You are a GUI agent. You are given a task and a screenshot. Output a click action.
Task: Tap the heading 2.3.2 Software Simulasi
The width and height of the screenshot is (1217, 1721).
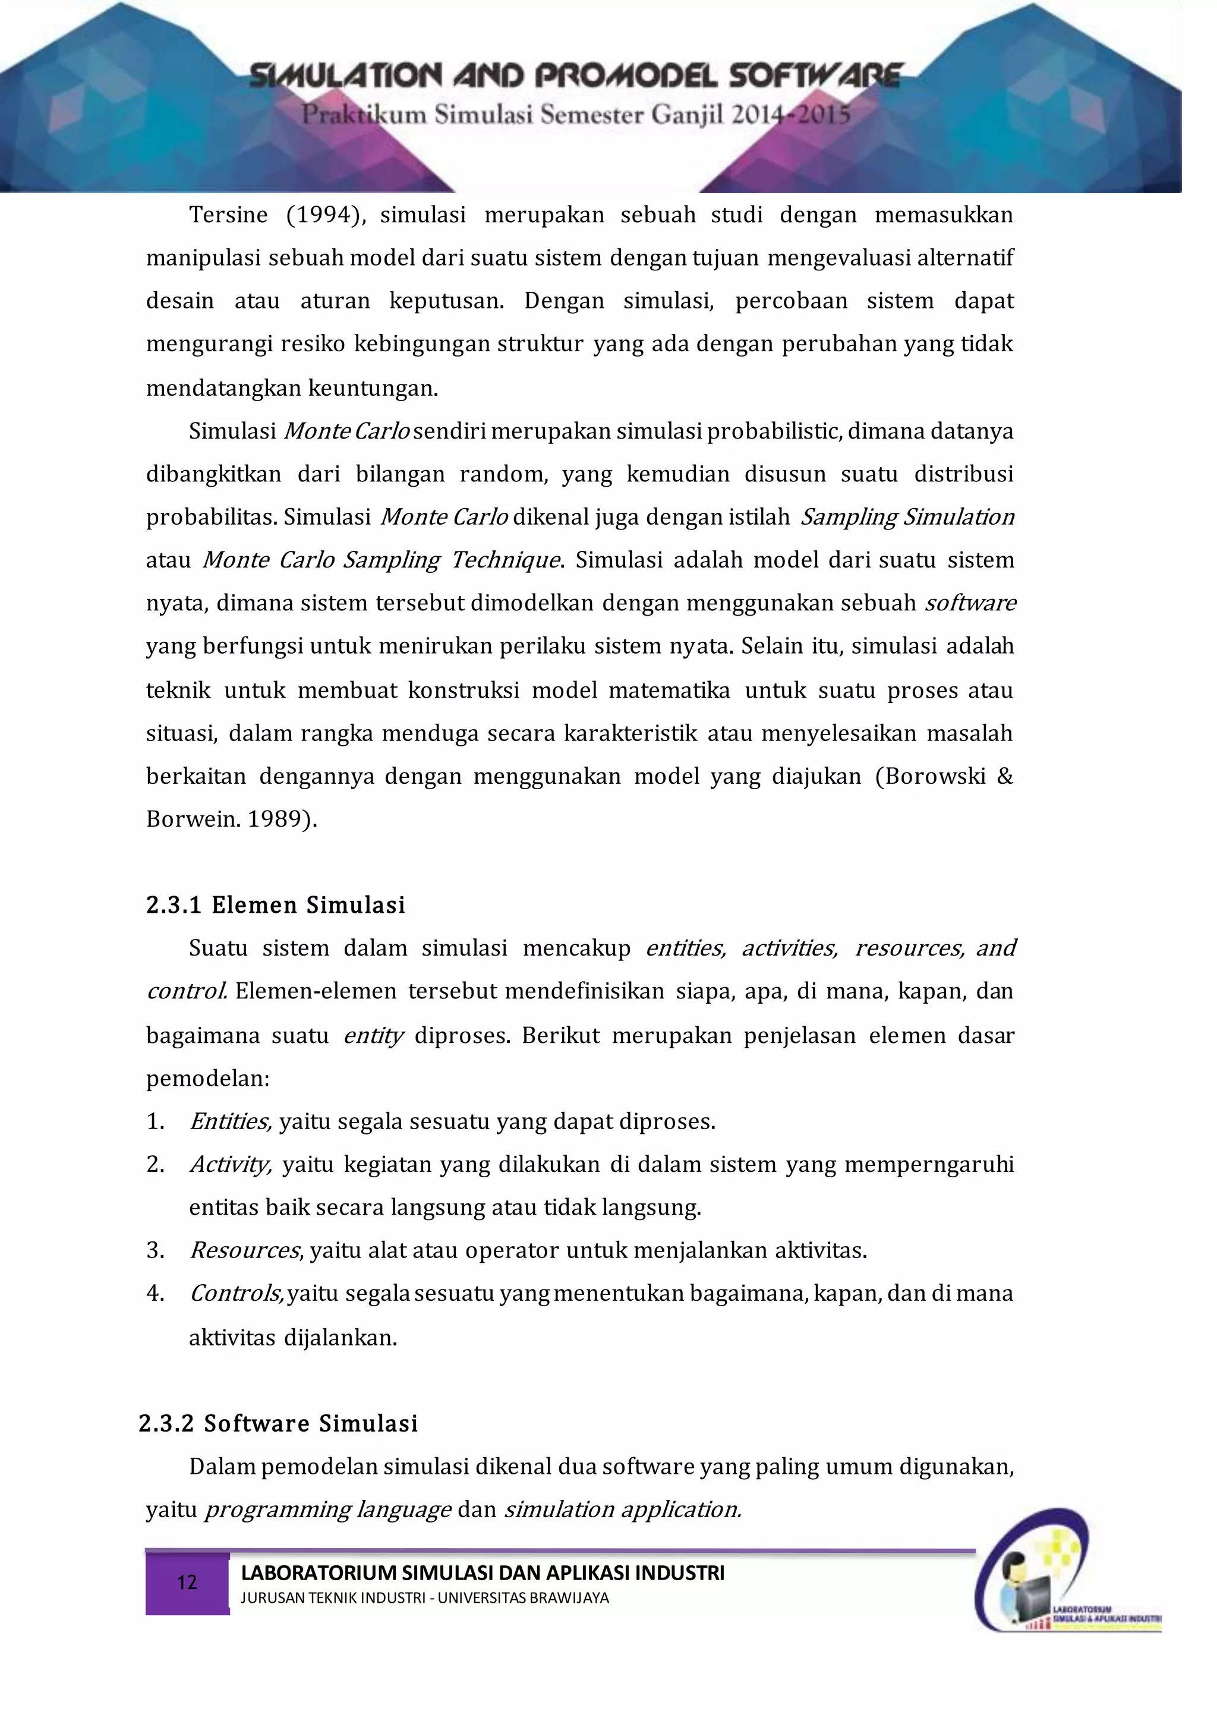[278, 1423]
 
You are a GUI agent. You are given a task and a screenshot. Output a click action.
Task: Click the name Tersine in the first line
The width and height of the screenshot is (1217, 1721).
[228, 215]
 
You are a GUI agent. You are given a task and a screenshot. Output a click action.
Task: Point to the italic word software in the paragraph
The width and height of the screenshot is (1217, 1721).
[970, 603]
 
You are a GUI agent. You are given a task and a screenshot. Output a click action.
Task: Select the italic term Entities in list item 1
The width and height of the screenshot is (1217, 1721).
[229, 1121]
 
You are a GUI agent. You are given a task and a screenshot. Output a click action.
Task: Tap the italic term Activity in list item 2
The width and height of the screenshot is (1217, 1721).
[229, 1164]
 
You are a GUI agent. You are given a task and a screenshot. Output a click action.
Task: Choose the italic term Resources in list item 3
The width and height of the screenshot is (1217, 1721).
[244, 1250]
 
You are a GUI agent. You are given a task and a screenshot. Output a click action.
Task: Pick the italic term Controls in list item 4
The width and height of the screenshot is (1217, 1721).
[235, 1293]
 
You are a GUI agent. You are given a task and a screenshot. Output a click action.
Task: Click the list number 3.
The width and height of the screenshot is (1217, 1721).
[155, 1250]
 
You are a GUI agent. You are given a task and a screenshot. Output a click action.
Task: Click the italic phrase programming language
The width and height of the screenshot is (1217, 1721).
[327, 1509]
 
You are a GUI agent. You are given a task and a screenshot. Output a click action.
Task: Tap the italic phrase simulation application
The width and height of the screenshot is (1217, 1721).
[622, 1509]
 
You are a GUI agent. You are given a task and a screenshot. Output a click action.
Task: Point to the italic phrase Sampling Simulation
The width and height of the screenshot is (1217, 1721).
[907, 516]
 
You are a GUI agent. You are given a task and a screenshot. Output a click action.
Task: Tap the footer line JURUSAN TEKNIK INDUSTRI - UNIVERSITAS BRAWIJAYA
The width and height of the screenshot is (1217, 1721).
[424, 1597]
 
